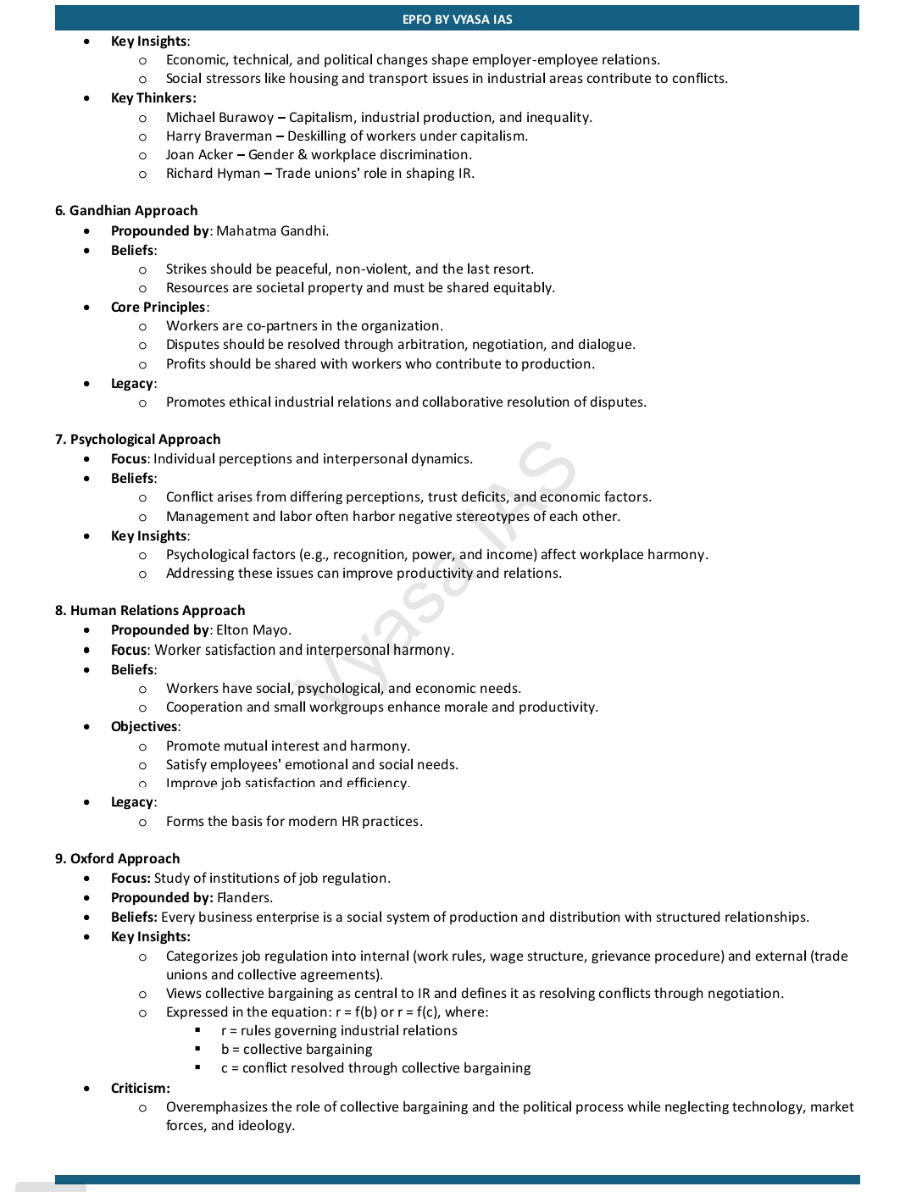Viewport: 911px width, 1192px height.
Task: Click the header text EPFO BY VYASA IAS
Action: [457, 19]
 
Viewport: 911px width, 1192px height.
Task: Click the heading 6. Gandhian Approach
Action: [126, 210]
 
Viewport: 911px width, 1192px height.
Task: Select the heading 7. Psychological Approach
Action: [137, 439]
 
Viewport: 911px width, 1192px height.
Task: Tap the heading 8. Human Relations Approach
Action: [149, 610]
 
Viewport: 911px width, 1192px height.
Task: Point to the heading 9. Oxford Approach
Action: [117, 858]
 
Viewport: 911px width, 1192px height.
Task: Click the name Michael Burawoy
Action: [219, 117]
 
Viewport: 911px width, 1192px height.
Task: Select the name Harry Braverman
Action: [219, 136]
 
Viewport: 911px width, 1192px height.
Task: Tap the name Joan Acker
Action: [199, 154]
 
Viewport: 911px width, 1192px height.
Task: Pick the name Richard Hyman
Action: [213, 173]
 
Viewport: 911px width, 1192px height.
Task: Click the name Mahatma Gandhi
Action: [271, 230]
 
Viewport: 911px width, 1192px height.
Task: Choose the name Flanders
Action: [244, 897]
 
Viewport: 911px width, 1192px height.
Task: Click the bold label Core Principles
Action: [158, 307]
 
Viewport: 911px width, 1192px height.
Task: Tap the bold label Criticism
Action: [140, 1088]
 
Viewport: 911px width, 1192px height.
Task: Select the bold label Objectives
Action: [144, 726]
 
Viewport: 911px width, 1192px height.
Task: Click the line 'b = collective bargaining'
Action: [297, 1049]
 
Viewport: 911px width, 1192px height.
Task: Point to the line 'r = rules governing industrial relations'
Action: [339, 1030]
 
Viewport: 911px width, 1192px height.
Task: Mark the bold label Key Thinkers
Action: [153, 97]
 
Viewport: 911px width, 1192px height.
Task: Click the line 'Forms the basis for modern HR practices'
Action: [293, 821]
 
